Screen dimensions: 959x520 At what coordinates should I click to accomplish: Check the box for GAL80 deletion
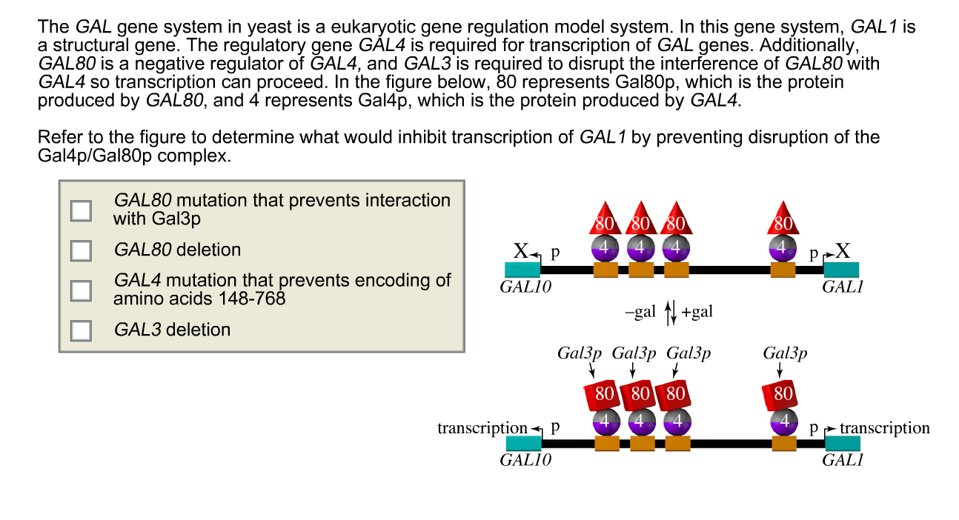[81, 250]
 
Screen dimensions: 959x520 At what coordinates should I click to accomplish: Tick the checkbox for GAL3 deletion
[81, 330]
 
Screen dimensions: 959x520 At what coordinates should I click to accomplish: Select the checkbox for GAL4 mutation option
[81, 290]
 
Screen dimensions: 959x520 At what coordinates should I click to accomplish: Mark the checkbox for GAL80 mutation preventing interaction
[81, 210]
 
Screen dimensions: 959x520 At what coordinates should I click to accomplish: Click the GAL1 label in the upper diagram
[842, 287]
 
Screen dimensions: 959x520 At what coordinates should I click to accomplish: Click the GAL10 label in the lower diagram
[525, 460]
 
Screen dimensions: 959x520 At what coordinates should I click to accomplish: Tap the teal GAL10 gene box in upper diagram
[522, 270]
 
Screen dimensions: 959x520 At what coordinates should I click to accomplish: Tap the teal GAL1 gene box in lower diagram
[843, 444]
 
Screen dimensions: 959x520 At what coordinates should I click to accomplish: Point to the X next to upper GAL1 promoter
[843, 251]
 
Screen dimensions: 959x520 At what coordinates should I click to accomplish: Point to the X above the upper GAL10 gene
[520, 251]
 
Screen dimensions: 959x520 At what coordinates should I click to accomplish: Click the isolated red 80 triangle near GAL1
[783, 219]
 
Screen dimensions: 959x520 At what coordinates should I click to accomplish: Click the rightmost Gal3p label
[785, 353]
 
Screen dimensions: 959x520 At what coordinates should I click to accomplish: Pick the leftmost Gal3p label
[580, 353]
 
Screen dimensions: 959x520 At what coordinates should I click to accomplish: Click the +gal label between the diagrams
[697, 312]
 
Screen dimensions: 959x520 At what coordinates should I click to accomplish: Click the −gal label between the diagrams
[640, 312]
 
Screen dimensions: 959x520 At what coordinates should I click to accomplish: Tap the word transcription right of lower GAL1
[884, 428]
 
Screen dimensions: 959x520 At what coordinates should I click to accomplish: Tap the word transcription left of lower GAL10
[482, 428]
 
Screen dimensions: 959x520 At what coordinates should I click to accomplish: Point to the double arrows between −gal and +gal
[671, 313]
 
